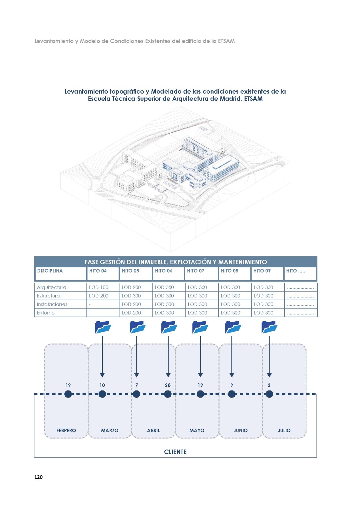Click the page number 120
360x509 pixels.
click(x=38, y=477)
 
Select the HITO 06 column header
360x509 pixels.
click(x=164, y=271)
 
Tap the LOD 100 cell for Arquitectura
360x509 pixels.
click(x=99, y=287)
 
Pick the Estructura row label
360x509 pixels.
click(x=48, y=296)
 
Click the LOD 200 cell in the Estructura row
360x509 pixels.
click(x=99, y=296)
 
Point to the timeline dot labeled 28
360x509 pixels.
click(x=168, y=394)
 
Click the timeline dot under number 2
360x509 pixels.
click(x=269, y=394)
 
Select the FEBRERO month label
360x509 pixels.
click(x=66, y=430)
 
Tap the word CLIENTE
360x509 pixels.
click(x=175, y=452)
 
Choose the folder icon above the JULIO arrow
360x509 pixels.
click(x=269, y=327)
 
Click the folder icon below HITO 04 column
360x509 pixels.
click(x=103, y=327)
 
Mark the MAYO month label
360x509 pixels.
click(x=197, y=430)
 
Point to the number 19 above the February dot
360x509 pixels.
click(x=68, y=385)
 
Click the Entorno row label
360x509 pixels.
click(x=46, y=313)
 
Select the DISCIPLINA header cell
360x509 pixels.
click(x=50, y=271)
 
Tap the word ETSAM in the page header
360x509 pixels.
click(x=226, y=41)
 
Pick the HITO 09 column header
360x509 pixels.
click(x=262, y=271)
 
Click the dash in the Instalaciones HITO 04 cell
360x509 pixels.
click(x=90, y=304)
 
